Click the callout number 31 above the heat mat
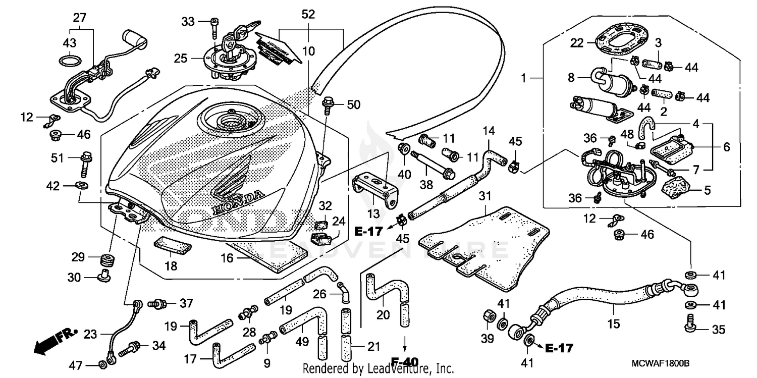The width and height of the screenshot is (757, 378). pyautogui.click(x=485, y=196)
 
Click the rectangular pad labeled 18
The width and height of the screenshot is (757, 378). pyautogui.click(x=173, y=248)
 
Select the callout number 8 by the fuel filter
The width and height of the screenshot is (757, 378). pyautogui.click(x=571, y=78)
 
